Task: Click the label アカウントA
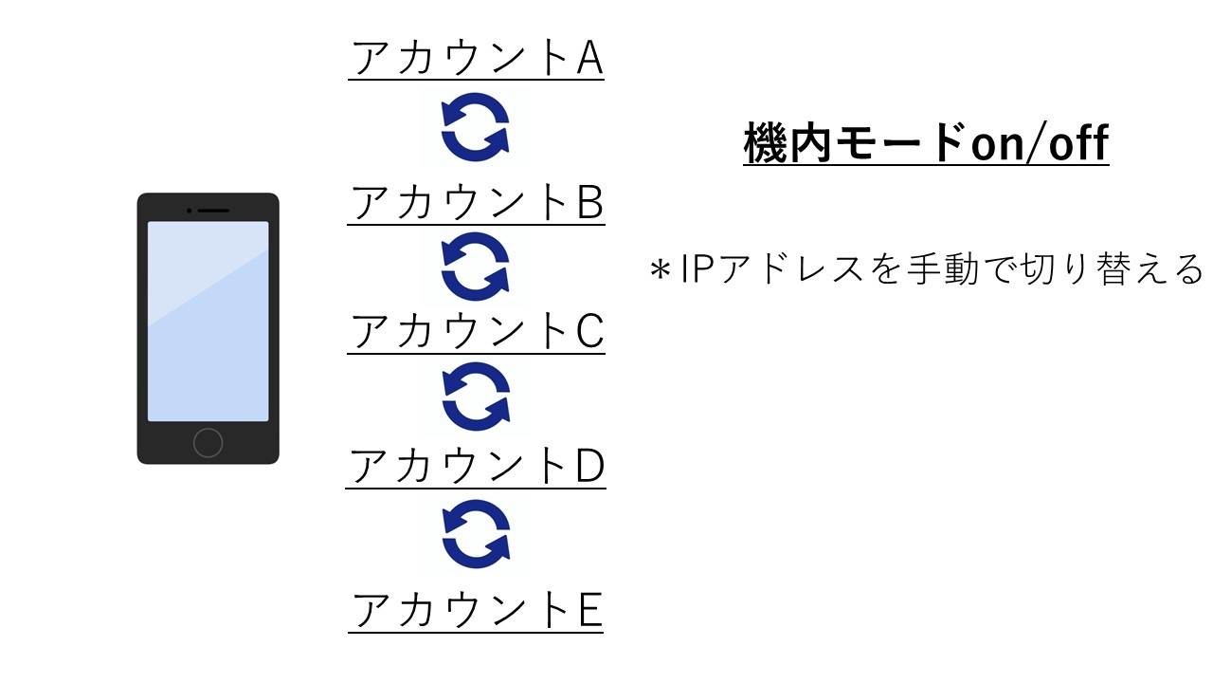click(477, 60)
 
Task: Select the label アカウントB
click(477, 202)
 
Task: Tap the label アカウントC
click(477, 332)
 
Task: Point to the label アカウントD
click(477, 466)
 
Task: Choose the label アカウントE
click(477, 610)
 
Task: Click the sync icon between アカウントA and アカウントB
click(476, 129)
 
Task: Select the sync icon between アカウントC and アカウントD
click(476, 397)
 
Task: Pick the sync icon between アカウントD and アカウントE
click(476, 534)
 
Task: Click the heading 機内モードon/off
click(926, 145)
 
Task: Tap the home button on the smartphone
click(208, 442)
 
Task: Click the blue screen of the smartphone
click(208, 321)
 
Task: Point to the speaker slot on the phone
click(212, 210)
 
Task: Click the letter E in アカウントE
click(589, 610)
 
